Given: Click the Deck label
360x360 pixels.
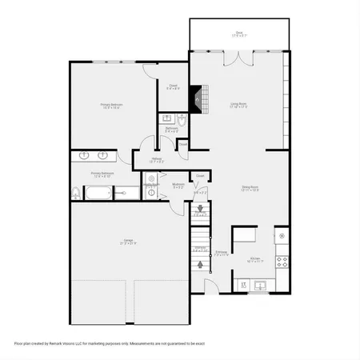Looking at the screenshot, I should (239, 34).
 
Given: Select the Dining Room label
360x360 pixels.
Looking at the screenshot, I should (251, 188).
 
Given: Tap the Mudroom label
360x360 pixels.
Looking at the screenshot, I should (178, 185).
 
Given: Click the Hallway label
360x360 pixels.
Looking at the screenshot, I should (157, 159).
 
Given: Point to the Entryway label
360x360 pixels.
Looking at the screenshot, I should (222, 254).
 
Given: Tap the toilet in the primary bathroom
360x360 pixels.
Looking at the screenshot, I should (76, 193).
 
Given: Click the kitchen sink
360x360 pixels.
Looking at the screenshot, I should (260, 284).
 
